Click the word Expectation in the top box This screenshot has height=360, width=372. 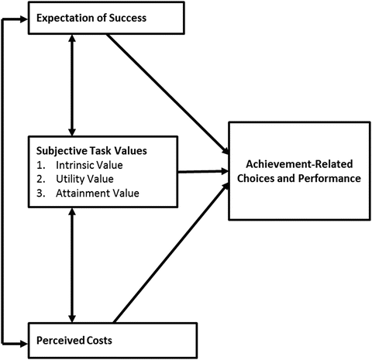[64, 18]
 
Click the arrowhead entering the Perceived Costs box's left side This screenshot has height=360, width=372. [23, 340]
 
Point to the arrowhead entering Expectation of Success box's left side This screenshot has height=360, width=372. [23, 19]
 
